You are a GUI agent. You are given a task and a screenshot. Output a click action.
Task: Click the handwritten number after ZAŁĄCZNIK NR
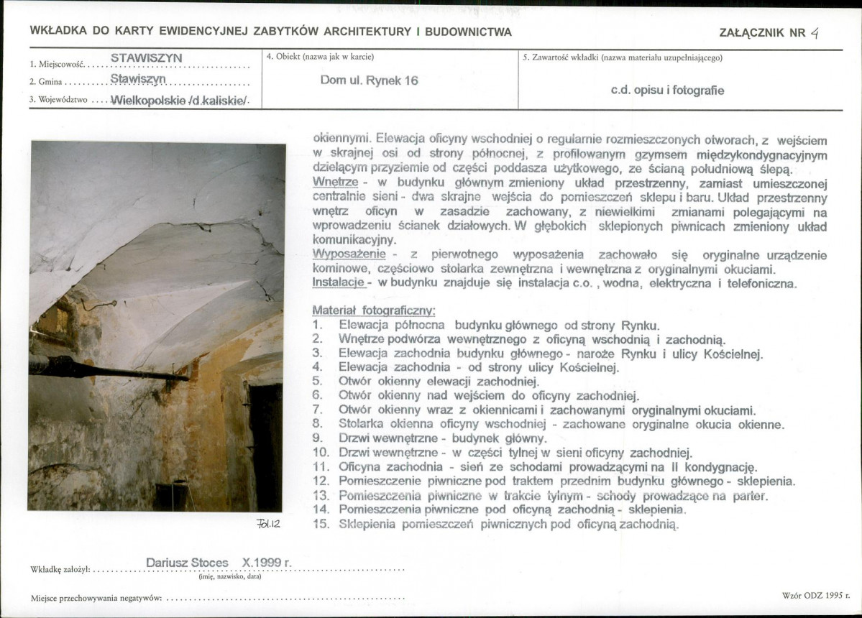(815, 32)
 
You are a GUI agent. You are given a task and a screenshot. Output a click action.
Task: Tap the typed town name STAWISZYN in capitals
(147, 57)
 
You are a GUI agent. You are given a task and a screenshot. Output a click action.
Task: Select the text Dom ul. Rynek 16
(370, 80)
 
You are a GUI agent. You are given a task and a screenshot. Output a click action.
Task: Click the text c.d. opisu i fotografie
(667, 91)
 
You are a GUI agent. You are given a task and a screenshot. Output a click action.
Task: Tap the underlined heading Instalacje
(339, 283)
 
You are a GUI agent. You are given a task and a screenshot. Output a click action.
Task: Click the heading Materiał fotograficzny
(374, 310)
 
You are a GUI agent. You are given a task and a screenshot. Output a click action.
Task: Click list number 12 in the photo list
(321, 480)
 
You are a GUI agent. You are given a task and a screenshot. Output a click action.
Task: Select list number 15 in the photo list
(321, 524)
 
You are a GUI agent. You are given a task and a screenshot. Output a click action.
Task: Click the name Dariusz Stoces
(187, 563)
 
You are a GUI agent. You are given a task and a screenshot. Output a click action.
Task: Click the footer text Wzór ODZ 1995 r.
(815, 596)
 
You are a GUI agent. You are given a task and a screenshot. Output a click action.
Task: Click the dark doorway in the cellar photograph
(265, 446)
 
